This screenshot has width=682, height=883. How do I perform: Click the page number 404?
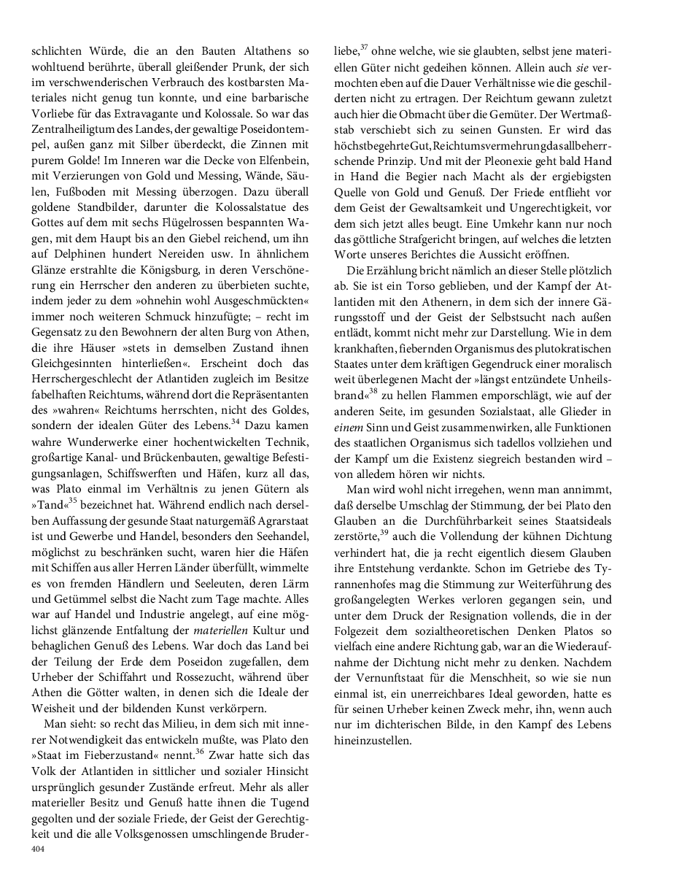(x=37, y=849)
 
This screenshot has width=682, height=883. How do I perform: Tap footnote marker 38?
(x=372, y=391)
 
